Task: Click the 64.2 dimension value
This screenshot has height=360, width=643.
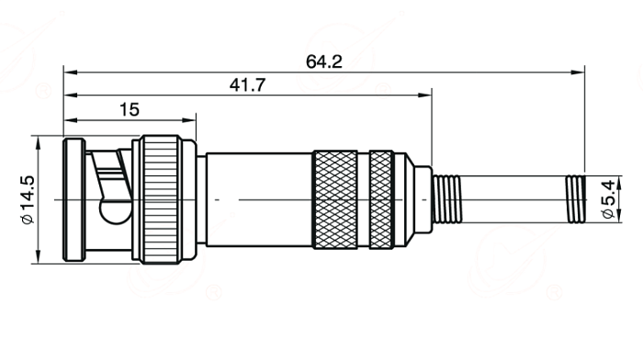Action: [x=324, y=62]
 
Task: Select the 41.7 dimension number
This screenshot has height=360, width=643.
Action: [x=248, y=85]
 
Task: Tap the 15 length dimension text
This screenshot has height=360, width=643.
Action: [x=130, y=110]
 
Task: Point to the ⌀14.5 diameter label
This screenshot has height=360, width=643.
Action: [x=28, y=199]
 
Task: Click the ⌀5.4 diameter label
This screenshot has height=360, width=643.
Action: [x=608, y=199]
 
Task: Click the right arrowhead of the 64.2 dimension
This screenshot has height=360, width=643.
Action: [x=578, y=73]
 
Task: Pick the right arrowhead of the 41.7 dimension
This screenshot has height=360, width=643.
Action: [x=424, y=96]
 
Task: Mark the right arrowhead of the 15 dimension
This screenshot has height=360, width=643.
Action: [x=189, y=120]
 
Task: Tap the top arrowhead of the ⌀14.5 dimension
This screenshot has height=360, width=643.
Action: [x=39, y=142]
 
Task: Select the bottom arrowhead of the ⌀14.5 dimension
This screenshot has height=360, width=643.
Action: [x=39, y=256]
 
